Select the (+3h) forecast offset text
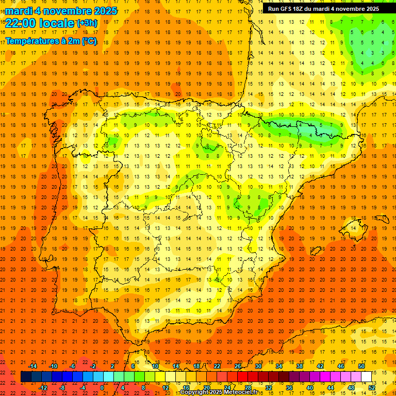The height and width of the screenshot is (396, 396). pyautogui.click(x=86, y=23)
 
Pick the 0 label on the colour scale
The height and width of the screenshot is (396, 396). pyautogui.click(x=103, y=388)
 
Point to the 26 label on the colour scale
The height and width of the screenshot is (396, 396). pyautogui.click(x=237, y=366)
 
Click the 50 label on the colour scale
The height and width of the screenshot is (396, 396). pyautogui.click(x=361, y=366)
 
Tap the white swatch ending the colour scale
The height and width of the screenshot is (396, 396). pyautogui.click(x=367, y=376)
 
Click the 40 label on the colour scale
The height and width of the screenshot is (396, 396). pyautogui.click(x=310, y=388)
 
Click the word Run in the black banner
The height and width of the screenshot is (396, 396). pyautogui.click(x=274, y=9)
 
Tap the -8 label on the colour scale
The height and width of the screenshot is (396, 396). pyautogui.click(x=62, y=388)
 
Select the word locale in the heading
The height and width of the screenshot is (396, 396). pyautogui.click(x=56, y=23)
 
